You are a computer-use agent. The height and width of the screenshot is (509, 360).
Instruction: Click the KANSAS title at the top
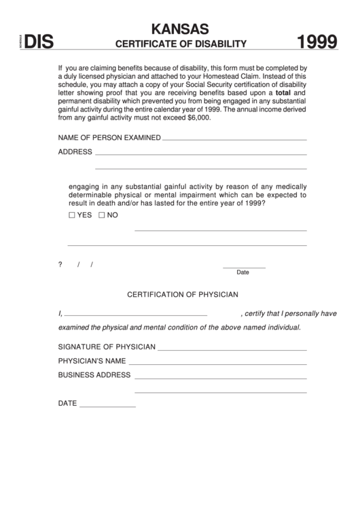[x=180, y=29]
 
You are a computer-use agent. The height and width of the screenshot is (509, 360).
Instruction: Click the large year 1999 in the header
[x=318, y=44]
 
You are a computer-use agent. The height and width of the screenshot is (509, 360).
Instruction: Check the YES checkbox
[x=73, y=215]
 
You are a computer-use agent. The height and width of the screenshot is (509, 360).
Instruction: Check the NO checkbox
[x=102, y=215]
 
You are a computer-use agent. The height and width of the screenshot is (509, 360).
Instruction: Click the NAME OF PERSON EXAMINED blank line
[x=234, y=139]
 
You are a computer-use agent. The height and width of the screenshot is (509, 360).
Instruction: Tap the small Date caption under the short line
[x=243, y=273]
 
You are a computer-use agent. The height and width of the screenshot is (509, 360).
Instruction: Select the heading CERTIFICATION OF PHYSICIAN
[x=183, y=295]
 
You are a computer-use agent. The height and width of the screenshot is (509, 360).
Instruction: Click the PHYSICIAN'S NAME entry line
[x=217, y=363]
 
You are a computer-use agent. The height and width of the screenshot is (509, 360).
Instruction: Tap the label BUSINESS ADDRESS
[x=94, y=375]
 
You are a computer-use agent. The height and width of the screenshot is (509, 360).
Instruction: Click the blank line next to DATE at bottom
[x=107, y=406]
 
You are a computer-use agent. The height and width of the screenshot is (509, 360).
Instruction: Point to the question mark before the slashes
[x=60, y=264]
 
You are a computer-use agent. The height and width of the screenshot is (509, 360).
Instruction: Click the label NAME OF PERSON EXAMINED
[x=109, y=138]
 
